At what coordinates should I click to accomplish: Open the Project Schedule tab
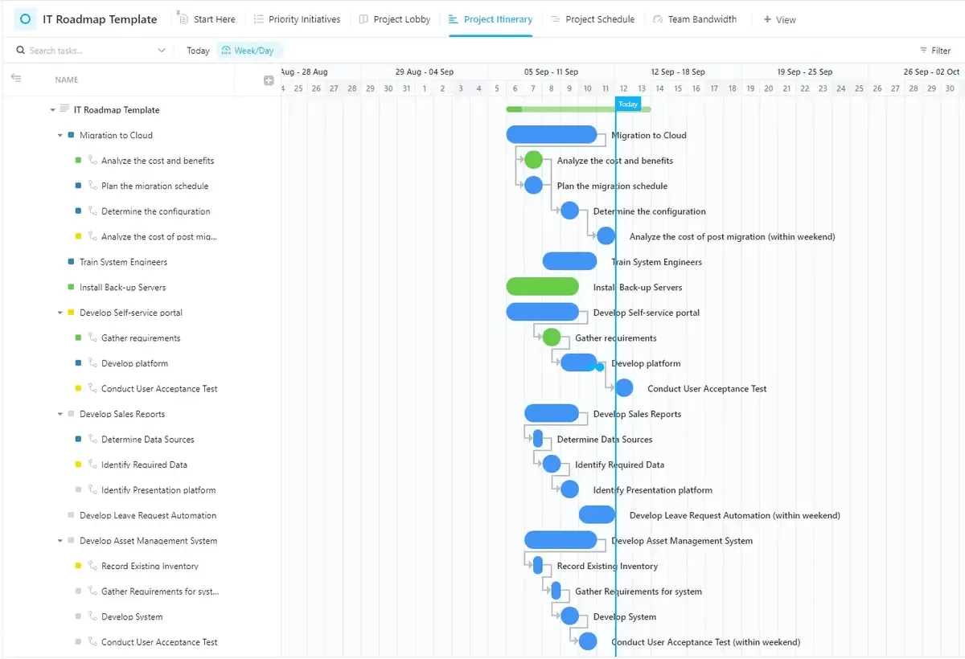coord(593,19)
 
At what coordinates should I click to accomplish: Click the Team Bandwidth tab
coord(695,19)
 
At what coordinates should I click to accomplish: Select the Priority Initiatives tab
coord(297,19)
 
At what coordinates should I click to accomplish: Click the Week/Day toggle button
coord(248,51)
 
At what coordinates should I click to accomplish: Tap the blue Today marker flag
coord(628,104)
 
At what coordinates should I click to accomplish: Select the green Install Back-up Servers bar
coord(542,287)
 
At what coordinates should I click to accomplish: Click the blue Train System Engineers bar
coord(569,261)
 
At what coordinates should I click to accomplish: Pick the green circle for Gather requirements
coord(552,337)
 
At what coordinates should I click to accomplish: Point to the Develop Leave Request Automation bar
coord(597,515)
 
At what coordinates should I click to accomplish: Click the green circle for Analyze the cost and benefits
coord(533,160)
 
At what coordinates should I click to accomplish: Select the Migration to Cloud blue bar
coord(552,134)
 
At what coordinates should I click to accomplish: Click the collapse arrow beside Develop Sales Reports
coord(60,414)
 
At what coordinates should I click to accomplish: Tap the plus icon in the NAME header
coord(269,80)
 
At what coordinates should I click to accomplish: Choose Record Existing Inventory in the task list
coord(150,566)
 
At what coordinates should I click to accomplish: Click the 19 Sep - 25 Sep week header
coord(804,72)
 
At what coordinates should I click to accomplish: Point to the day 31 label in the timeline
coord(406,88)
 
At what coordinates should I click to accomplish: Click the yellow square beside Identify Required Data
coord(78,465)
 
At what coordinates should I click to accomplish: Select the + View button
coord(779,20)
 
